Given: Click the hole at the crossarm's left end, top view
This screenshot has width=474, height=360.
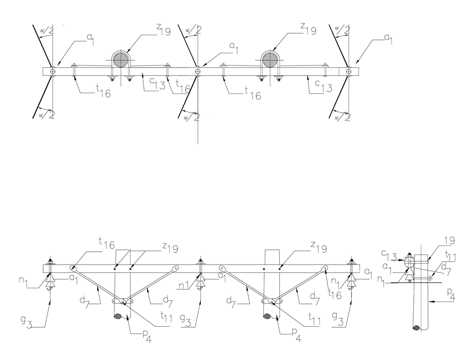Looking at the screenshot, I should point(52,71).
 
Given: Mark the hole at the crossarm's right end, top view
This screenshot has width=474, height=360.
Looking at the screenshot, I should point(349,71).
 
